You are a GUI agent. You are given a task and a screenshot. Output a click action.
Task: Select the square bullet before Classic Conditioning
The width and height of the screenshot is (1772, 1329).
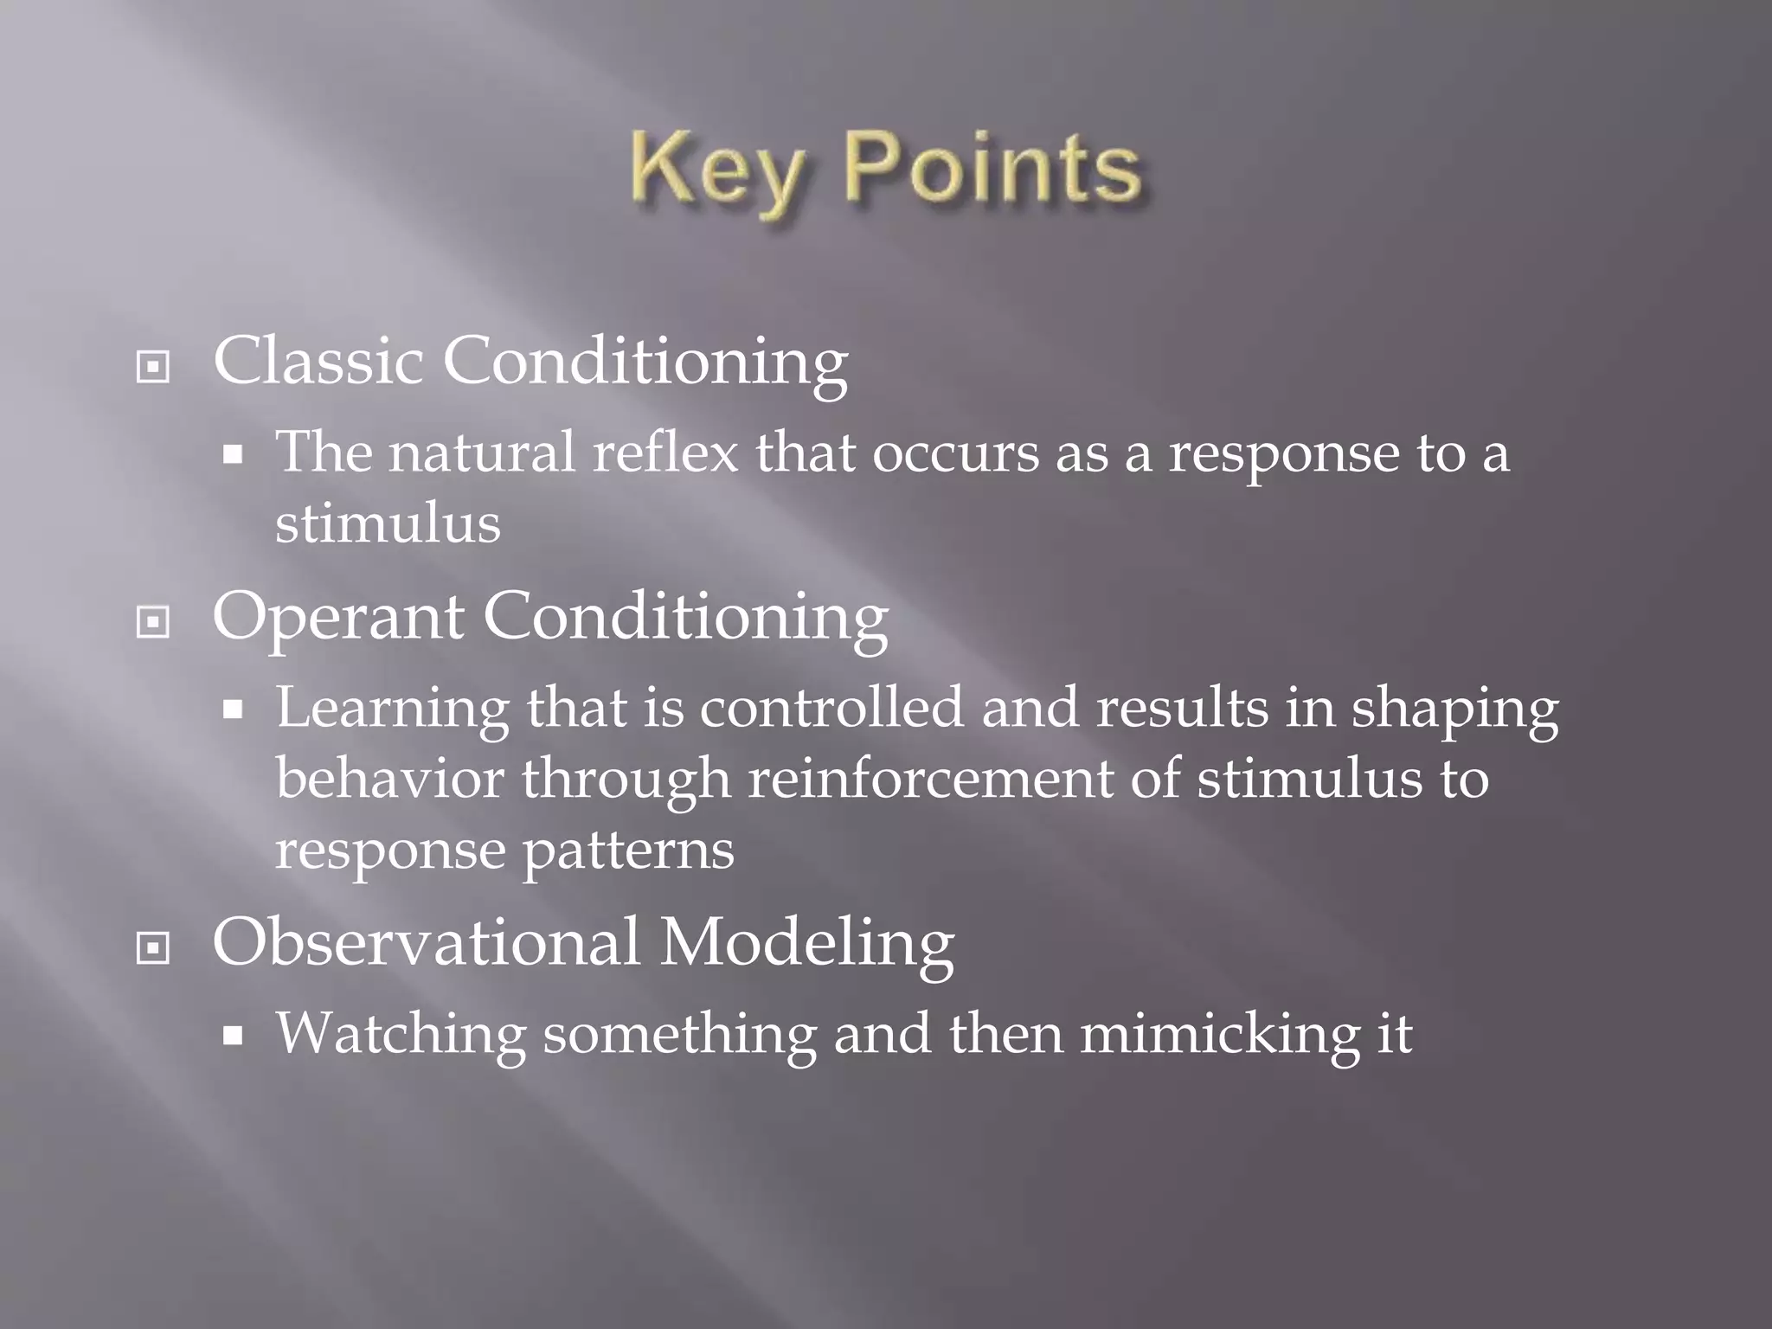coord(153,367)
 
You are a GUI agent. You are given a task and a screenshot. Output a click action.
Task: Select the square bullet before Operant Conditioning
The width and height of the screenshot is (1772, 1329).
coord(153,622)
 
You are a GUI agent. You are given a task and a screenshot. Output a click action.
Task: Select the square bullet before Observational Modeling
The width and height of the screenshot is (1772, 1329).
coord(153,948)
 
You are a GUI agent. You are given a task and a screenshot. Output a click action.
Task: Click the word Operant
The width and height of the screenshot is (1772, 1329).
coord(337,617)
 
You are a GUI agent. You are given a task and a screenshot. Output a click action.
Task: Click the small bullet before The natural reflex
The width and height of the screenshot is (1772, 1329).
coord(232,454)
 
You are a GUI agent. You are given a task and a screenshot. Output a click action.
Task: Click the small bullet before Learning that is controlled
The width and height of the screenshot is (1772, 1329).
coord(232,710)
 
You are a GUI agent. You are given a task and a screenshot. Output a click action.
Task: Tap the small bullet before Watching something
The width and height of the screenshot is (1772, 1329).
coord(232,1036)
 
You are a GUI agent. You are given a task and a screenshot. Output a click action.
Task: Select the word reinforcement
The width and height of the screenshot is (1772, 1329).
coord(929,778)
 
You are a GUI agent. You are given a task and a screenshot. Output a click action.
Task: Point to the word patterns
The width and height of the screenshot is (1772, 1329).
coord(628,851)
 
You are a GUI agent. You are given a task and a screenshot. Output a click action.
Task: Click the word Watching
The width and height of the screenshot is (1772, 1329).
coord(401,1035)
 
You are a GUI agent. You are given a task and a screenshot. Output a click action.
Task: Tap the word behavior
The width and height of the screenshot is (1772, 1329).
coord(389,778)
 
